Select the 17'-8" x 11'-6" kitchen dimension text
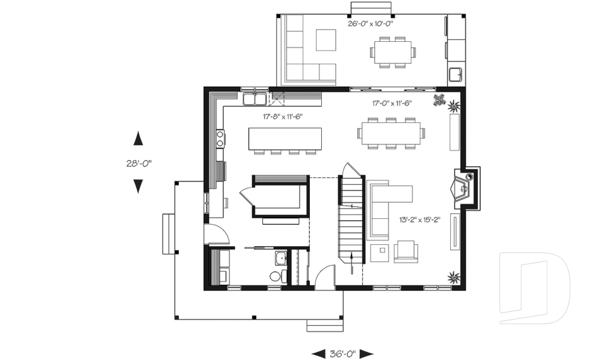click(x=283, y=116)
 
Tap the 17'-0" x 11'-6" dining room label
click(x=391, y=103)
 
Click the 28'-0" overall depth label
click(x=138, y=163)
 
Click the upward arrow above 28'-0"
click(x=138, y=139)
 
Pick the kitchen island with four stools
click(x=285, y=138)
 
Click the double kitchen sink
click(x=254, y=99)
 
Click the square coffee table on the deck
click(x=326, y=40)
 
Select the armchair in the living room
click(x=405, y=251)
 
